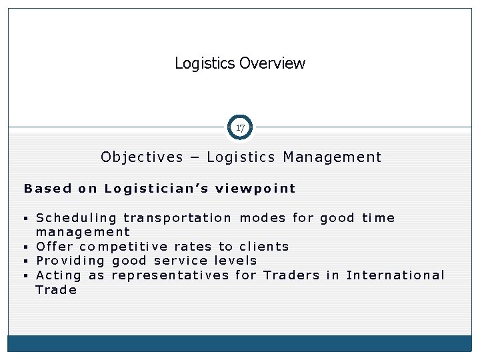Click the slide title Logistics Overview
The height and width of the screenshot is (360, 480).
click(240, 63)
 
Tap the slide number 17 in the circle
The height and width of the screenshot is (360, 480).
click(240, 127)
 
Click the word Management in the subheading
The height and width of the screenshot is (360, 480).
click(332, 157)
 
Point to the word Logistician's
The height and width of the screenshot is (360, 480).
click(156, 188)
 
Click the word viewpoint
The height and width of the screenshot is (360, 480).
click(255, 188)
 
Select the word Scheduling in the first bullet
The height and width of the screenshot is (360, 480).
click(76, 218)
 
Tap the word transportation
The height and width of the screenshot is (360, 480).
click(178, 218)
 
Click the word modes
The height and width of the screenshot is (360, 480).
click(263, 218)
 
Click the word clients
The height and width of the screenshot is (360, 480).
click(264, 247)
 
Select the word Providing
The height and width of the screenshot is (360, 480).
click(71, 261)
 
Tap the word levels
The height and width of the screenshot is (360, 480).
click(235, 261)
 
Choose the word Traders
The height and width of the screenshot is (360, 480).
click(291, 275)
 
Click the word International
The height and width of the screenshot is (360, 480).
click(395, 275)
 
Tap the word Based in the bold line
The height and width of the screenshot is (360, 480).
click(47, 188)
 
